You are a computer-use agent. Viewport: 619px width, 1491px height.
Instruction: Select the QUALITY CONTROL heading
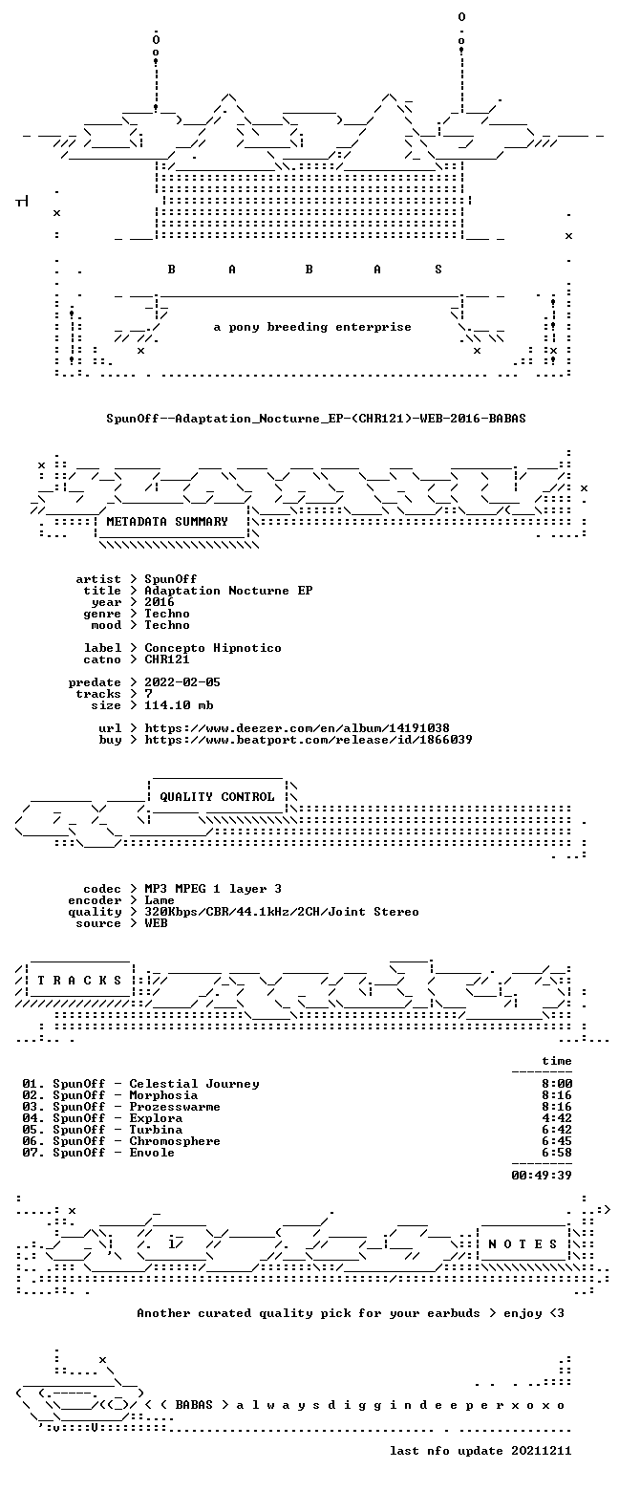pos(217,797)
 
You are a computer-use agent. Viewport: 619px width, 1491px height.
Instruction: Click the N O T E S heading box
pos(523,1243)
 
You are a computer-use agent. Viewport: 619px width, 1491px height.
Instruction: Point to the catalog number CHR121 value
pos(167,659)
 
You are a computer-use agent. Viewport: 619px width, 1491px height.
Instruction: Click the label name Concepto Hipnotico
pos(213,648)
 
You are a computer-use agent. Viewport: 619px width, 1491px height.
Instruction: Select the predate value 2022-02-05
pos(182,682)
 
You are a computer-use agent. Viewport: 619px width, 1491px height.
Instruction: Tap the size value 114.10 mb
pos(179,705)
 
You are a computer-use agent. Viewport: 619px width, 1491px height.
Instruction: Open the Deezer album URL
pos(297,728)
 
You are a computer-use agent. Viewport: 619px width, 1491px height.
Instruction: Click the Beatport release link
pos(309,740)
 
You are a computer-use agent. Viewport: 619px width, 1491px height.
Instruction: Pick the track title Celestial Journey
pos(194,1084)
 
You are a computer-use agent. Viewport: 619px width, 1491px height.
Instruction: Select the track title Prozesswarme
pos(175,1106)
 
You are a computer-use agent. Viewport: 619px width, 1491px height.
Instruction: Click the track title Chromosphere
pos(175,1141)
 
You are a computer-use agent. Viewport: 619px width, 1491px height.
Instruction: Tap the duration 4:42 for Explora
pos(557,1118)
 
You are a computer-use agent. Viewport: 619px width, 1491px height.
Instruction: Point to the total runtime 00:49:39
pos(542,1176)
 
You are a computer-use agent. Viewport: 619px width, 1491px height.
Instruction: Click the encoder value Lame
pos(160,900)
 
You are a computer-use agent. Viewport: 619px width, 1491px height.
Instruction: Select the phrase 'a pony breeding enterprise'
pos(312,328)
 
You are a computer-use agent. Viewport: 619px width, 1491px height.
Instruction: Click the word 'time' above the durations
pos(557,1061)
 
